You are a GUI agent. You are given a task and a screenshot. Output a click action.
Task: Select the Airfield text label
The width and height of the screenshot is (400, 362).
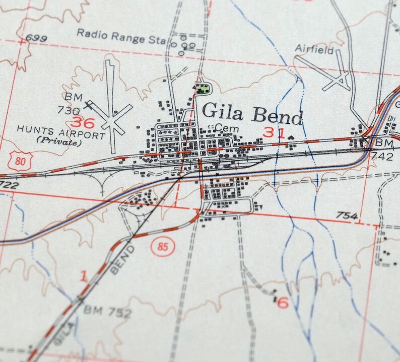[x=314, y=50]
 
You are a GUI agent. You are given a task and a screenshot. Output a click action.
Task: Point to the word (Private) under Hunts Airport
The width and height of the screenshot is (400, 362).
[x=58, y=143]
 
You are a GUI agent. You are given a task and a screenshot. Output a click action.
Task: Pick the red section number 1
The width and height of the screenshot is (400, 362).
[x=84, y=275]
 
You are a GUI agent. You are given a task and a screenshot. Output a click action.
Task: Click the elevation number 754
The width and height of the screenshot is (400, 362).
[x=347, y=216]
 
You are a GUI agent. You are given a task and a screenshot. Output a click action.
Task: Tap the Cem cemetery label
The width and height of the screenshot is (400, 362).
[x=226, y=129]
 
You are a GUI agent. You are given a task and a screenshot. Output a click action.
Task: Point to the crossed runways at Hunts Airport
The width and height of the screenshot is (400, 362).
[x=114, y=120]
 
